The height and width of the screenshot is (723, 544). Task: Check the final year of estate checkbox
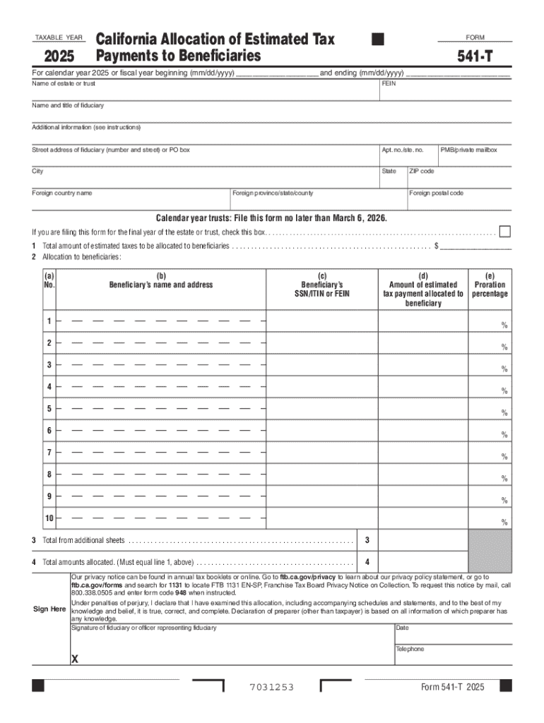point(505,232)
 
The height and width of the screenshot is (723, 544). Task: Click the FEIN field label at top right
point(389,83)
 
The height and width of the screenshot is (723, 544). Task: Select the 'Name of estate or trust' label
point(64,83)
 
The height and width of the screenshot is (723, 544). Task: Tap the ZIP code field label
point(422,171)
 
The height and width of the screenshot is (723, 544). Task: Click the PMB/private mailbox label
point(468,150)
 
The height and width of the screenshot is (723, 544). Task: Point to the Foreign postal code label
point(436,193)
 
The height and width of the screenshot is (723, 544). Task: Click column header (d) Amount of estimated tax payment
point(423,289)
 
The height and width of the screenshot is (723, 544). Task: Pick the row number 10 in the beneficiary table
point(49,518)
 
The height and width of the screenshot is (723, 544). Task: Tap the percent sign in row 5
point(504,413)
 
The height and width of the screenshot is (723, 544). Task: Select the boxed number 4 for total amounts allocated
point(367,563)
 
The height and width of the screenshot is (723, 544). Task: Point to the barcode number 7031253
point(271,688)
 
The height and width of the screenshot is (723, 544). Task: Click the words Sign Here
point(49,609)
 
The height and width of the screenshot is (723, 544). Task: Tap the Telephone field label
point(410,649)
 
